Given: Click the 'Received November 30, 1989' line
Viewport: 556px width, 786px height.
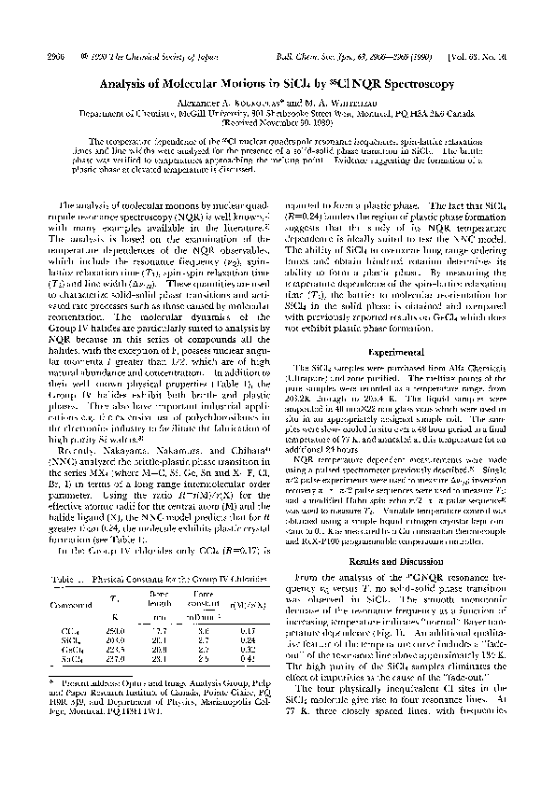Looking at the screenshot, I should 279,121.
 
